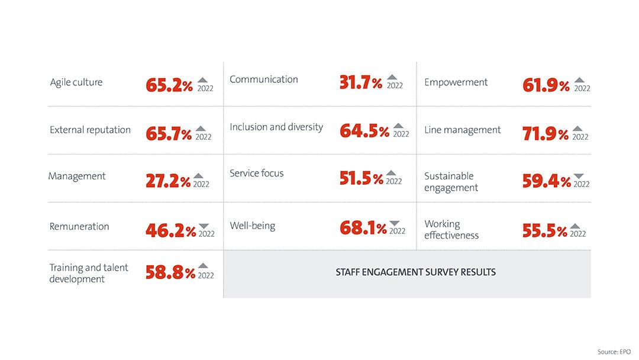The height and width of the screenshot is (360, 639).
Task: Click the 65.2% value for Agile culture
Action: (x=169, y=85)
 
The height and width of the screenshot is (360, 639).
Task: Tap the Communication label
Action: (x=264, y=79)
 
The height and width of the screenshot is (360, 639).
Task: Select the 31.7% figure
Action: (x=361, y=83)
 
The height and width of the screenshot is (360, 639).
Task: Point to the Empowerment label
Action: (x=456, y=82)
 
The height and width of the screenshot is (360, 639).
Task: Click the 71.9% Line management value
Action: (x=546, y=134)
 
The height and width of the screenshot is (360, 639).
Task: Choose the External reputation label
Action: (x=90, y=130)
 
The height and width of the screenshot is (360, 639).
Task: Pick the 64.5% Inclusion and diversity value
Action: (x=364, y=131)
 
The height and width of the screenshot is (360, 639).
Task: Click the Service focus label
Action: (x=257, y=173)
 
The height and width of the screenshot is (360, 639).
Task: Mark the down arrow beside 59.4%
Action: (x=579, y=176)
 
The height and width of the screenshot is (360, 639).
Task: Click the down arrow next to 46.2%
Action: (x=204, y=226)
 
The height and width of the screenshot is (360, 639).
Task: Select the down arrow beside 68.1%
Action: (x=395, y=223)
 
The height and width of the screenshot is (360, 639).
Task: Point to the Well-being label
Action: (x=253, y=226)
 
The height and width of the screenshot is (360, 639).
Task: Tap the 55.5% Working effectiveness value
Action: (x=545, y=230)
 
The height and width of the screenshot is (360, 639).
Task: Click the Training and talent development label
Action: (x=89, y=273)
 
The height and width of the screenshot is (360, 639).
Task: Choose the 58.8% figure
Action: (x=170, y=272)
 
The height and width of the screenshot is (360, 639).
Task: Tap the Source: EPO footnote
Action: (x=615, y=352)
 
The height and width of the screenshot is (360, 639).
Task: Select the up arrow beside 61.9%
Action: (x=579, y=79)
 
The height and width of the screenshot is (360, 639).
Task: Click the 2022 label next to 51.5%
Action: (x=394, y=182)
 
